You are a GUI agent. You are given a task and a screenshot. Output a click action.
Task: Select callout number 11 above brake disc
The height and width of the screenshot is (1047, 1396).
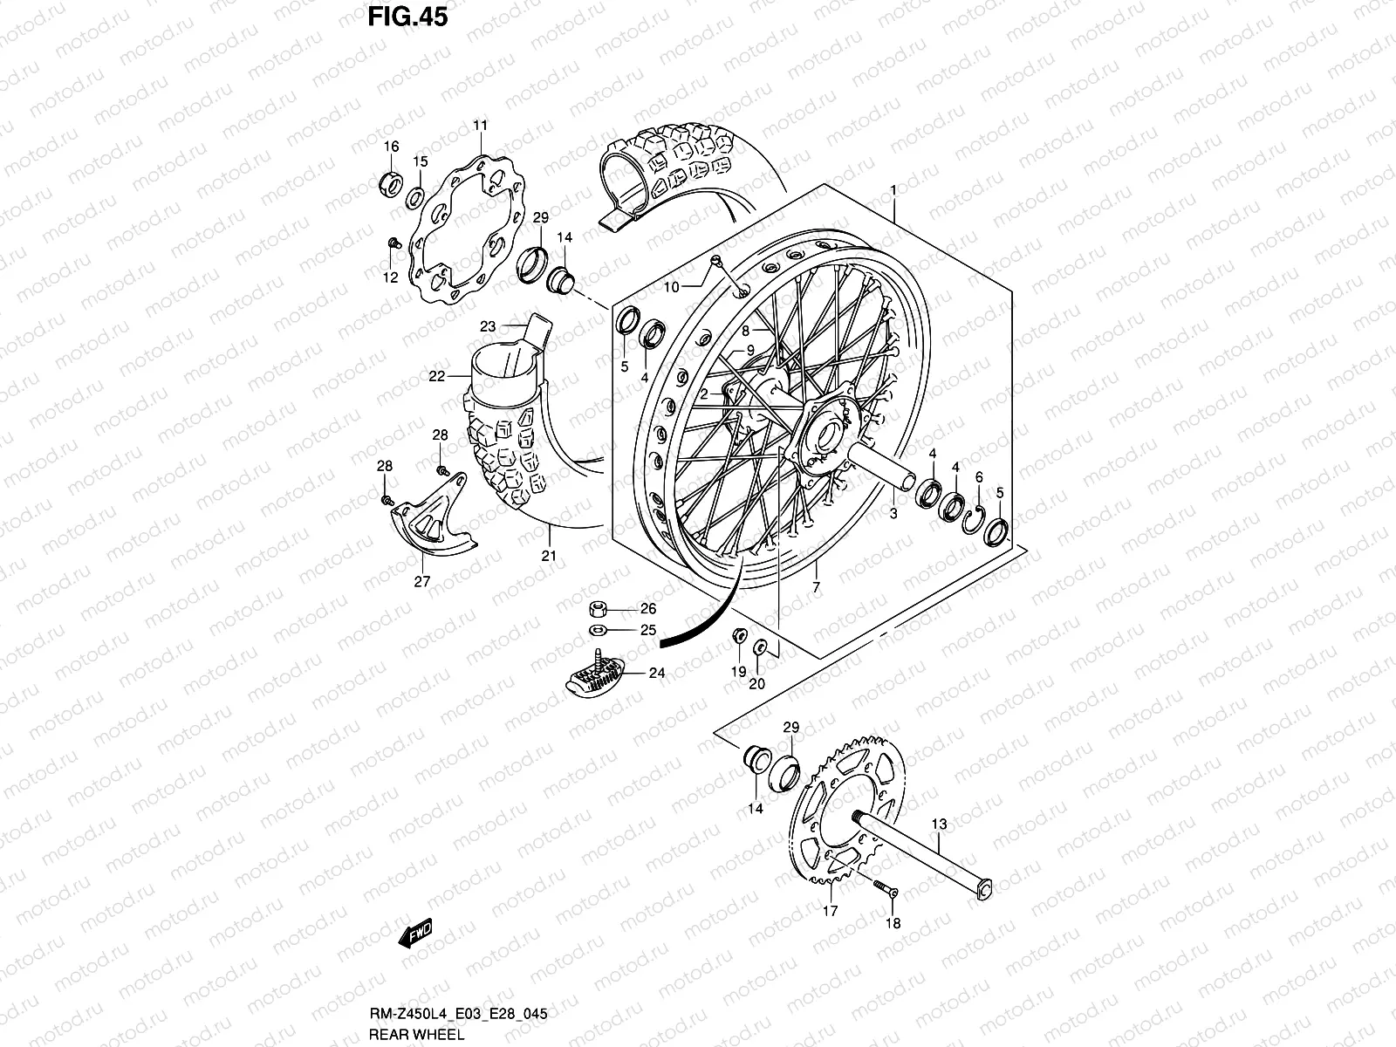point(480,126)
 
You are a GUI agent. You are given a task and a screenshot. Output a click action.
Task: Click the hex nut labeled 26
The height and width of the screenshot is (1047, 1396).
point(599,608)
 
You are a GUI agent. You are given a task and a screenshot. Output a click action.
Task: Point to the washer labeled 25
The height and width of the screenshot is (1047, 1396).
point(599,630)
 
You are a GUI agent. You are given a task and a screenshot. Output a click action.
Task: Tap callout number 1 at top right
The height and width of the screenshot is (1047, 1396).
point(893,189)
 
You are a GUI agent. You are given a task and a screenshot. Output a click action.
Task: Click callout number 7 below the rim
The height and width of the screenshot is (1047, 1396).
point(816,587)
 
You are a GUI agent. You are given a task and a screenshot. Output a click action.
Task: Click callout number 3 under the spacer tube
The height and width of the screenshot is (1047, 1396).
point(893,514)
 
